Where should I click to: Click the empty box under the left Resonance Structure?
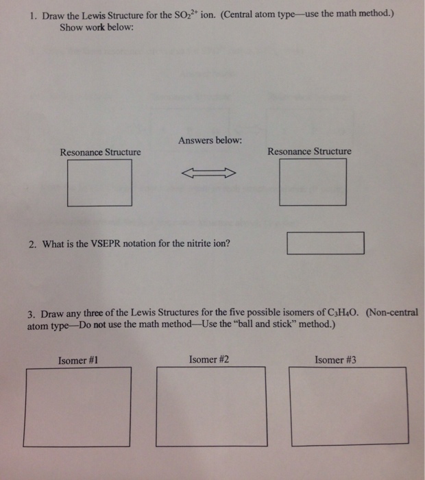pos(99,183)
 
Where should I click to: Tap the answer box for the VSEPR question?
pos(325,243)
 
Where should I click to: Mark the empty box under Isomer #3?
pos(346,405)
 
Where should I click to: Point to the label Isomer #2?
pos(209,359)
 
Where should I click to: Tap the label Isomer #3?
pos(335,359)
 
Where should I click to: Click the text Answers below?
pos(210,141)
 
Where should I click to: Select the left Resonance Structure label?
pos(100,152)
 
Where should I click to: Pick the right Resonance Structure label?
pos(309,152)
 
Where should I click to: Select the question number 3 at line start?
pos(32,314)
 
